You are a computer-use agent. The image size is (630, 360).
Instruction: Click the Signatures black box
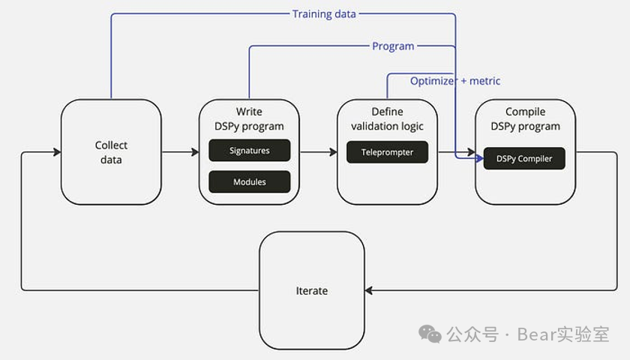tap(249, 151)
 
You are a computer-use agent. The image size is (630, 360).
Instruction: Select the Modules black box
tap(249, 181)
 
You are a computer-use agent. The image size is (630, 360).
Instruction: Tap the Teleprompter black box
tap(387, 152)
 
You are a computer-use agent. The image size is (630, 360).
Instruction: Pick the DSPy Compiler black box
tap(523, 158)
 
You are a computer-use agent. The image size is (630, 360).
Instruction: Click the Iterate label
tap(312, 290)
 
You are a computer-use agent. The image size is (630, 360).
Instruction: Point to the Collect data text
tap(111, 152)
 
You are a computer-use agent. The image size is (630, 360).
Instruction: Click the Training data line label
tap(324, 13)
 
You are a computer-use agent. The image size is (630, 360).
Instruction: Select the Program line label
tap(393, 46)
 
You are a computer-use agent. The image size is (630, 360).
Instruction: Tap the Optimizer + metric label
tap(454, 80)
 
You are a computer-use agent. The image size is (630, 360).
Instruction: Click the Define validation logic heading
tap(387, 118)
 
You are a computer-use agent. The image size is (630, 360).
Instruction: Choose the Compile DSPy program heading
tap(525, 118)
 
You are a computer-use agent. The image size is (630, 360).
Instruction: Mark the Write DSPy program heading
tap(249, 118)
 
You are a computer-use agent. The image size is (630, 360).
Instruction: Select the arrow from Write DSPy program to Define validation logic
tap(318, 152)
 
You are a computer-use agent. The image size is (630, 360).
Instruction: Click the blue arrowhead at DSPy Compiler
tap(478, 158)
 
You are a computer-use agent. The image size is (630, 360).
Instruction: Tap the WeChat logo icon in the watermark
tap(430, 334)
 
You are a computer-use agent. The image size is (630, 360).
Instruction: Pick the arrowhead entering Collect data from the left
tap(56, 152)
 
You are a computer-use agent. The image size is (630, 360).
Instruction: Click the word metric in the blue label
tap(484, 80)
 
